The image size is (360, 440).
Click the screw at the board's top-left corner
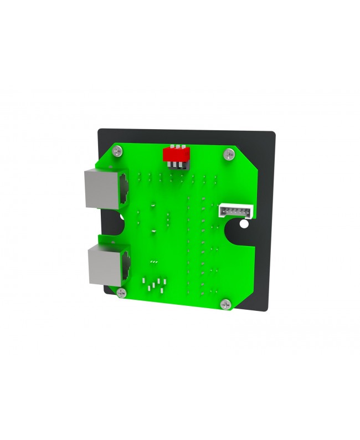pyautogui.click(x=117, y=150)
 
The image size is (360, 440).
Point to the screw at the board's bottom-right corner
pyautogui.click(x=226, y=303)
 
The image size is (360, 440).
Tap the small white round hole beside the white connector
pyautogui.click(x=243, y=224)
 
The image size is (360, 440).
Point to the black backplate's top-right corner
pyautogui.click(x=274, y=133)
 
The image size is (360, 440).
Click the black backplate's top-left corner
pyautogui.click(x=101, y=131)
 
